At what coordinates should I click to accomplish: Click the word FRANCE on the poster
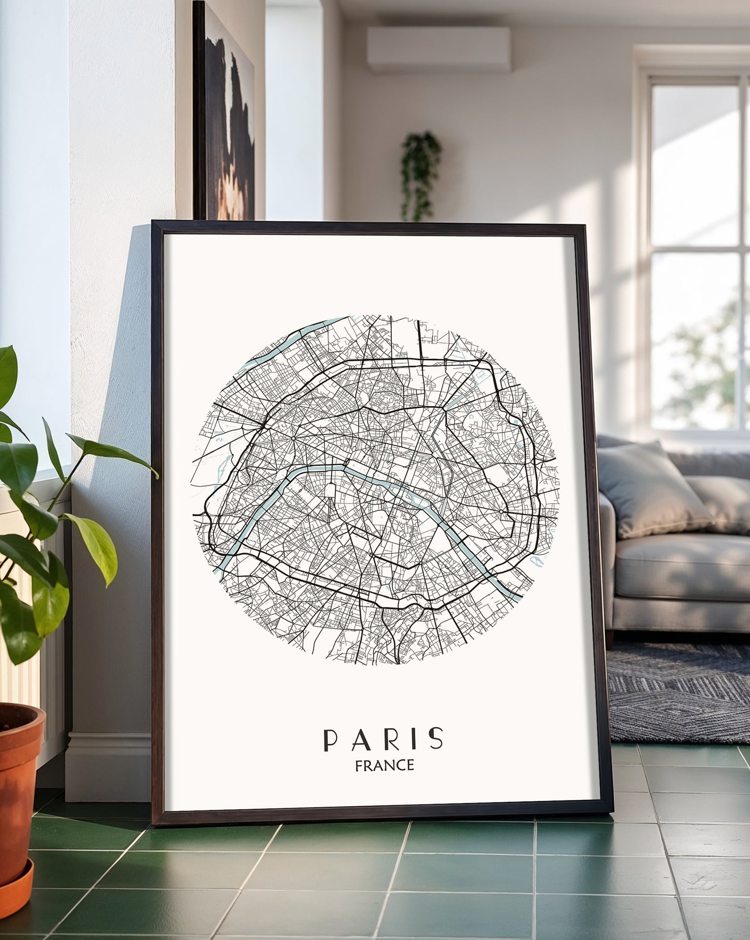click(384, 765)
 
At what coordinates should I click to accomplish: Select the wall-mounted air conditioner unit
click(439, 49)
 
